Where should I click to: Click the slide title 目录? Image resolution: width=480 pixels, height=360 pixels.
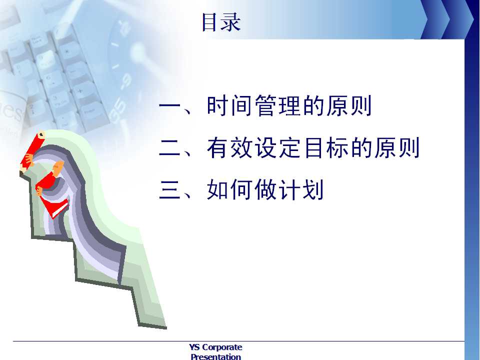point(221,22)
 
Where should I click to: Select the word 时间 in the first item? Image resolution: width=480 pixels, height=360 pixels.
point(230,105)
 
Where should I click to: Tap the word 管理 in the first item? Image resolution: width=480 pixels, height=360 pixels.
point(278,105)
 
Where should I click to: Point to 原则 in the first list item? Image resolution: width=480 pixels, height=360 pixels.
point(348,105)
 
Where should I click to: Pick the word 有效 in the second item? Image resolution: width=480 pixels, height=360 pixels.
point(230,147)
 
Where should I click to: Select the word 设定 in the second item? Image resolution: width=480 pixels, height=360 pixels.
point(278,147)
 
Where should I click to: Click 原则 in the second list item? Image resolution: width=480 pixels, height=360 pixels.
point(396,147)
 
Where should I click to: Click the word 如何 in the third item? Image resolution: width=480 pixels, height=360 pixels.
point(230,189)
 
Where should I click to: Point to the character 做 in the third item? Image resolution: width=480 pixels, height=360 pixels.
point(266,189)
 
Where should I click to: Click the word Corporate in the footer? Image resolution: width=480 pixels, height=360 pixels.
point(222,347)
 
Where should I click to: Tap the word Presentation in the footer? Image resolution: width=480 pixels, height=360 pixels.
point(216,356)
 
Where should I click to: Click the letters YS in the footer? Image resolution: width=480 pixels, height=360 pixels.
point(194,347)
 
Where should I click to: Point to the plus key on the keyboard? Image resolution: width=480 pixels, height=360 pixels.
point(80,91)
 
